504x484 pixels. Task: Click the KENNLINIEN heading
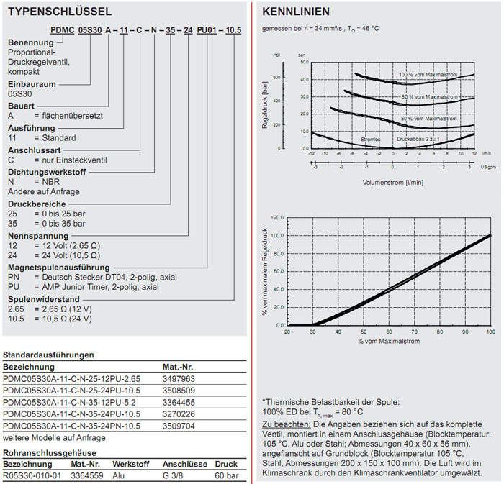pos(297,12)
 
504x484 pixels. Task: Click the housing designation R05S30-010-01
pos(31,475)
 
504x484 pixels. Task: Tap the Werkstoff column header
pos(129,464)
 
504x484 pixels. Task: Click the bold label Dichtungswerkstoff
pos(45,173)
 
